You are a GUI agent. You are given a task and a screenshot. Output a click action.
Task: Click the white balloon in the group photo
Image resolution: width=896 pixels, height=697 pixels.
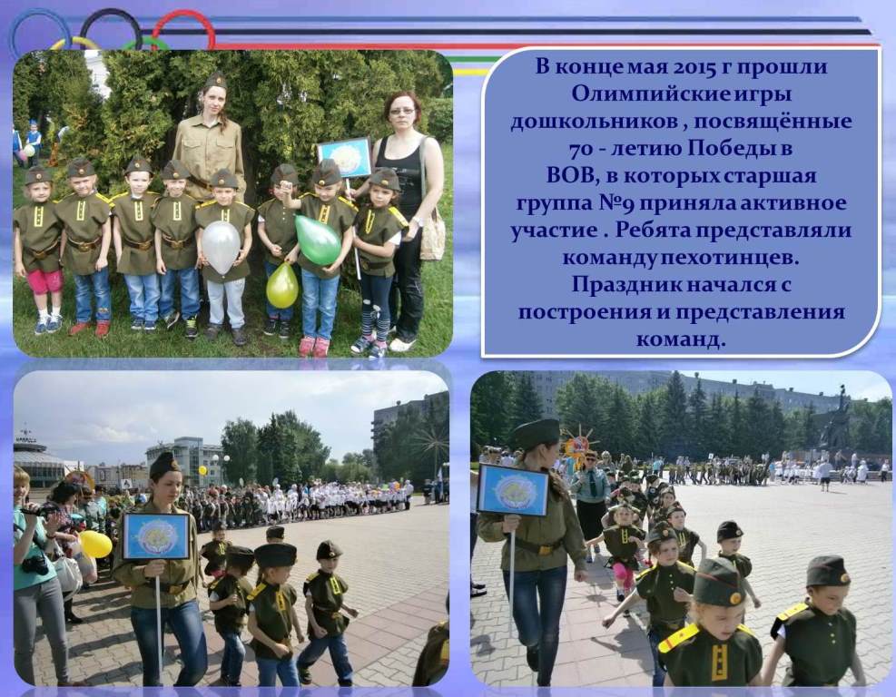click(x=221, y=247)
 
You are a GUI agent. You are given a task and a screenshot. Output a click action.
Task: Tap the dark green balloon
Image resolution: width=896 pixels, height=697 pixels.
click(x=317, y=240)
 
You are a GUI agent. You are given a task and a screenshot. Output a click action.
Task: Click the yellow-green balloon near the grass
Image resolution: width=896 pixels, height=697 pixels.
click(x=282, y=286)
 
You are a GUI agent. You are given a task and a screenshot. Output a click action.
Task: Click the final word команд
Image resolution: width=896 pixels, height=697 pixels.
click(x=681, y=340)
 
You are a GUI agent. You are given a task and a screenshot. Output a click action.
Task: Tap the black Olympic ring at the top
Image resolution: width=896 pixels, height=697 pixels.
click(x=111, y=28)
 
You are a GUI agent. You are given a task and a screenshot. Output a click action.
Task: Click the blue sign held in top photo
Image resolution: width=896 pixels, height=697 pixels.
click(x=344, y=158)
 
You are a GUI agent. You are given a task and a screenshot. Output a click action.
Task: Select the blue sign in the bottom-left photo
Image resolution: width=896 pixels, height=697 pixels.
click(x=156, y=536)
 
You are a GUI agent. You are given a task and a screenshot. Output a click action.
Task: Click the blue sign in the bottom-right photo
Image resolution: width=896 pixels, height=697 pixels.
click(x=513, y=489)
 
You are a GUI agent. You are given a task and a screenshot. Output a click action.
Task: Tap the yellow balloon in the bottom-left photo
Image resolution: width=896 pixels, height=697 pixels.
click(x=95, y=544)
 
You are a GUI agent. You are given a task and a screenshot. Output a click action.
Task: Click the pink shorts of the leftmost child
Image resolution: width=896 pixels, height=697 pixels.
click(x=44, y=281)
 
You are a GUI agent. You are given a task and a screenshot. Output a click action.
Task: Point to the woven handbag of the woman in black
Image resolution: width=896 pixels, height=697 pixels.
click(x=433, y=234)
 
